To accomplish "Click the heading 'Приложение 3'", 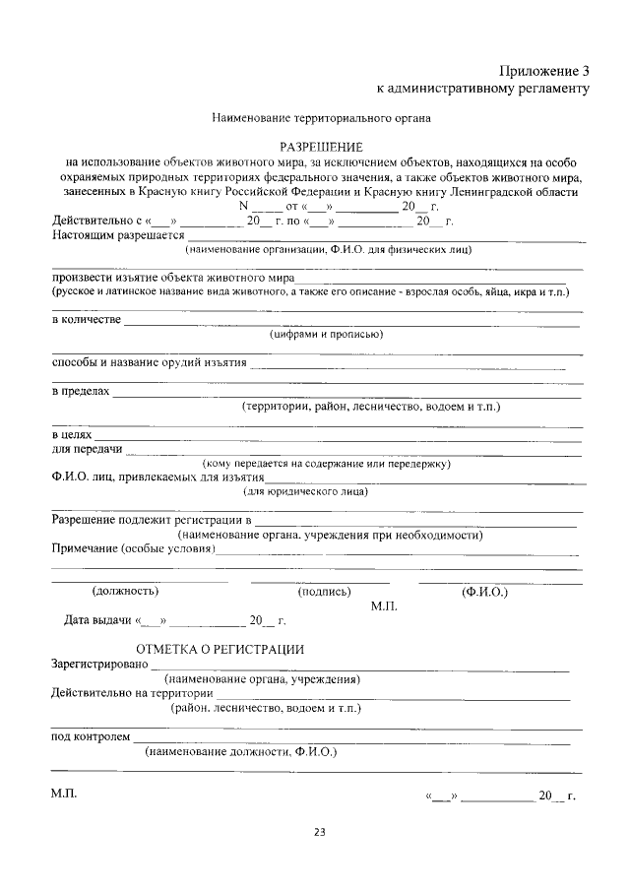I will (x=543, y=70).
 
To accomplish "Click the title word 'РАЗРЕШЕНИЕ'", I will (x=322, y=146).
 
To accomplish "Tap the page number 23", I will (x=319, y=832).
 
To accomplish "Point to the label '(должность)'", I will (x=125, y=592).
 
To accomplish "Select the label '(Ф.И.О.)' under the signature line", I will (x=484, y=592).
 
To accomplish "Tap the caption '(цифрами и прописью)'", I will (x=326, y=334).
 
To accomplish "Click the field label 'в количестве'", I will (x=86, y=320).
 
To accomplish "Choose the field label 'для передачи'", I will (x=87, y=449).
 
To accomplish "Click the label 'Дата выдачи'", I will (x=98, y=620).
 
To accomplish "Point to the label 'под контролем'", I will (x=90, y=736).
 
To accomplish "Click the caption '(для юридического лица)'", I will (x=306, y=491).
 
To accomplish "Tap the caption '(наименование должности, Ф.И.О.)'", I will (x=240, y=751).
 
